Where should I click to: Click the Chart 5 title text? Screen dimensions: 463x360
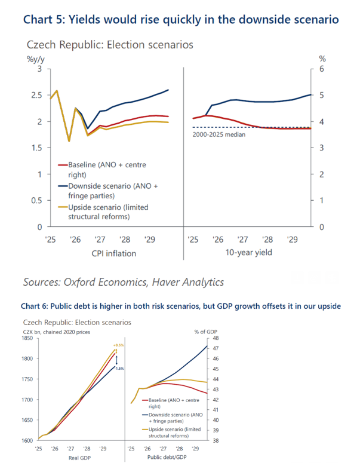(181, 19)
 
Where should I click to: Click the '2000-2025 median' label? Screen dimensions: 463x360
(219, 134)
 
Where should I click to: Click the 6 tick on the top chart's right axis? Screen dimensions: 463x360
(323, 69)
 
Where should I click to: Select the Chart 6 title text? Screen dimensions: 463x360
(180, 306)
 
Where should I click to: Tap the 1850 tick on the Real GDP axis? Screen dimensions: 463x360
(27, 338)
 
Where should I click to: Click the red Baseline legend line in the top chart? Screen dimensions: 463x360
(62, 164)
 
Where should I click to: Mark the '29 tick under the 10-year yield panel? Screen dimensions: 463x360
(292, 240)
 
